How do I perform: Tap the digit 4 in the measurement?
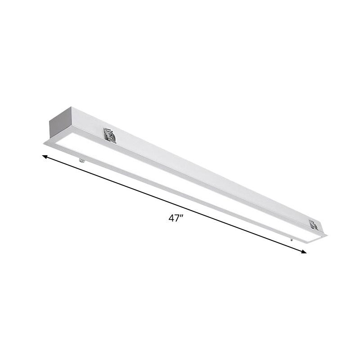pos(171,218)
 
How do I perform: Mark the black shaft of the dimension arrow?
pos(135,189)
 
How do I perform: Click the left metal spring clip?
pos(109,135)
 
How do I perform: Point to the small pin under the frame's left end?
pos(81,160)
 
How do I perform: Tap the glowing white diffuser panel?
pos(180,184)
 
